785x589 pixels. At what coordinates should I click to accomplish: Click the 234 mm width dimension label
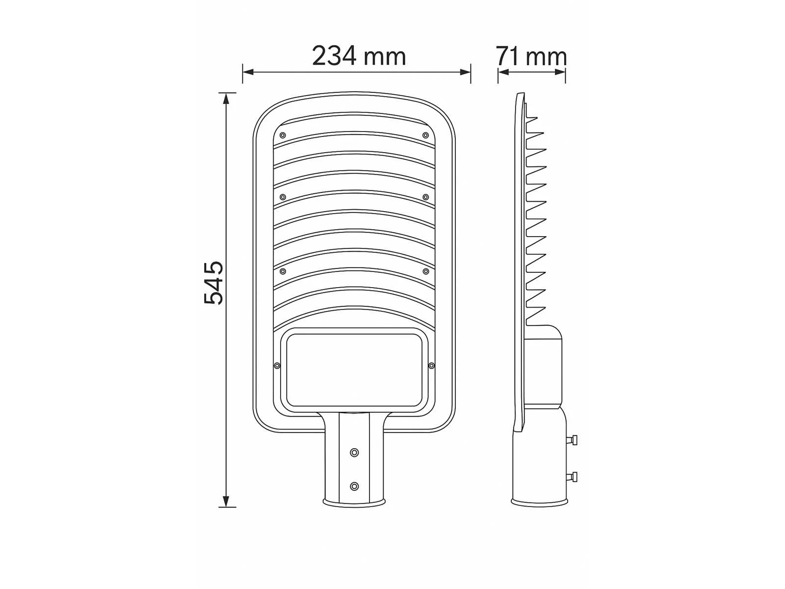pyautogui.click(x=359, y=56)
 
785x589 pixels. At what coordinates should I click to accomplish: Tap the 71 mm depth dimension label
pyautogui.click(x=531, y=56)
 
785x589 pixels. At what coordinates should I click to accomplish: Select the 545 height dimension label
pyautogui.click(x=213, y=283)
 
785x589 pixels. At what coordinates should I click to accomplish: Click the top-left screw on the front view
pyautogui.click(x=283, y=135)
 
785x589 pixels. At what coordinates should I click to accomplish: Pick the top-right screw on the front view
pyautogui.click(x=425, y=135)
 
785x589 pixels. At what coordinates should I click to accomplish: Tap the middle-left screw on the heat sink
pyautogui.click(x=283, y=197)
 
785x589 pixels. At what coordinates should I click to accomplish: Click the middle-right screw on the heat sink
pyautogui.click(x=425, y=197)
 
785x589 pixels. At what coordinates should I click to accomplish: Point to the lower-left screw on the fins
pyautogui.click(x=283, y=271)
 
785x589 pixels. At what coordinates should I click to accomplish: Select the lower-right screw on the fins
pyautogui.click(x=425, y=271)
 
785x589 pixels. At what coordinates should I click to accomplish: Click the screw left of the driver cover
pyautogui.click(x=277, y=366)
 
